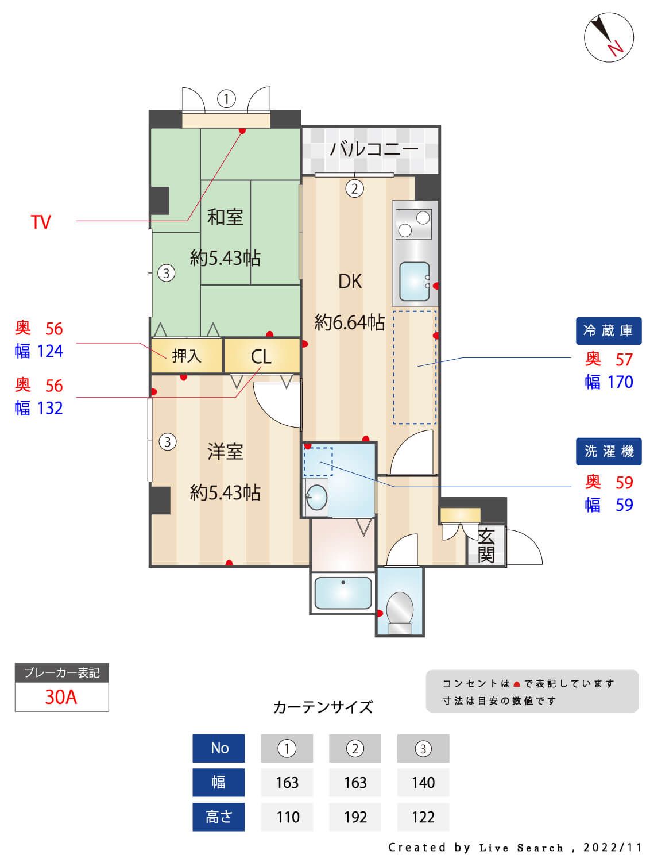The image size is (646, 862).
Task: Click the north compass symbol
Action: [x=609, y=37]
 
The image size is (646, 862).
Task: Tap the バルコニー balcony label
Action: [x=374, y=149]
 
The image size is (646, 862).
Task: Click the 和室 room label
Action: [x=225, y=217]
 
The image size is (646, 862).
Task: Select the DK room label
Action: [x=350, y=281]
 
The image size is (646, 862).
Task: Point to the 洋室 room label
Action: [x=225, y=452]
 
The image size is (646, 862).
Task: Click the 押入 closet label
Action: [x=187, y=356]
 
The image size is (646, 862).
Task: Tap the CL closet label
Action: [x=261, y=357]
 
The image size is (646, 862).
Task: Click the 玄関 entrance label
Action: [x=486, y=545]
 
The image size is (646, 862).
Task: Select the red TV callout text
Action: [x=41, y=222]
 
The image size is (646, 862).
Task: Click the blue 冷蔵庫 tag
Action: [x=608, y=330]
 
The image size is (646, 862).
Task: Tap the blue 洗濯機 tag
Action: [x=608, y=452]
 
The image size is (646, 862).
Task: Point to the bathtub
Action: [x=343, y=592]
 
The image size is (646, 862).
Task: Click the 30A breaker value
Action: [x=61, y=697]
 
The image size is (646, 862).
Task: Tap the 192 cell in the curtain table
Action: [x=355, y=817]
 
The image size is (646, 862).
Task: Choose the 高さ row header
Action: [x=218, y=817]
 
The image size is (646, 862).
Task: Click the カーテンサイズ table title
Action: [x=323, y=707]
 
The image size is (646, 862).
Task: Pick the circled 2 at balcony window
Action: [x=354, y=188]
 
